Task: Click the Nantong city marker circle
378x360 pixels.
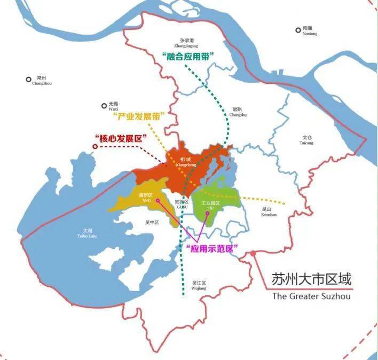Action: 298,30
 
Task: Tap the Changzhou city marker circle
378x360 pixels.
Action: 29,80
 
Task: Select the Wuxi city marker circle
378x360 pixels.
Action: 104,106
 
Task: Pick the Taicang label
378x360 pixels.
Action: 306,140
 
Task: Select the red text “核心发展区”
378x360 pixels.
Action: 121,138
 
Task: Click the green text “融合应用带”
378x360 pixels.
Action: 187,56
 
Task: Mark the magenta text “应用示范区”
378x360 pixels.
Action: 212,248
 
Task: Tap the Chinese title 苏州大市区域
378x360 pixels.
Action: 312,279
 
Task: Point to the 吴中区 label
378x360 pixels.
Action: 153,222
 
